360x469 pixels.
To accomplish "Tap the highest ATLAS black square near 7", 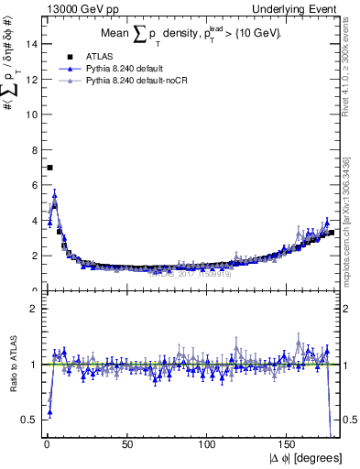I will [49, 168].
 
